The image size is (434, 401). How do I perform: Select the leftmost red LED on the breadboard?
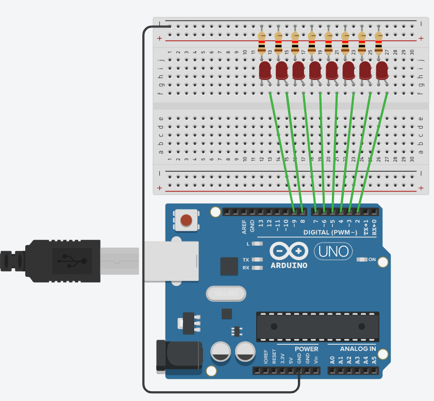265,71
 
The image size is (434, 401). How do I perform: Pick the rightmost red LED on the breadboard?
382,71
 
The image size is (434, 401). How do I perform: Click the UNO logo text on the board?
333,251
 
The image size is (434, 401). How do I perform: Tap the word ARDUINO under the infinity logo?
289,265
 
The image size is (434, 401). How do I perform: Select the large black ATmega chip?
318,327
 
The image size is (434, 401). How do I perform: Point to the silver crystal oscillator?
226,294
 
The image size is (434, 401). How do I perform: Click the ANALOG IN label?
358,349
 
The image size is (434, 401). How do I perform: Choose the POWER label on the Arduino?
306,349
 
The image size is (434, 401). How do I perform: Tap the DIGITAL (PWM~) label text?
330,233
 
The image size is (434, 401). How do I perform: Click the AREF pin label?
244,227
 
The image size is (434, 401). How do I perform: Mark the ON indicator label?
372,259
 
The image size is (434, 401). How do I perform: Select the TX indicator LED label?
246,260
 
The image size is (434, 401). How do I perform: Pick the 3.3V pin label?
282,357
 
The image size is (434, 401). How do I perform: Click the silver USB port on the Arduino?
170,261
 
